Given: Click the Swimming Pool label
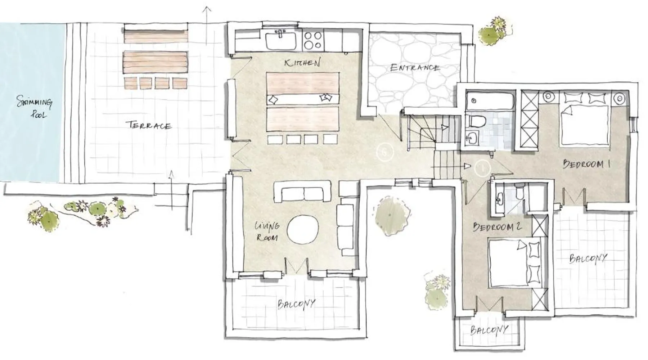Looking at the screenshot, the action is pyautogui.click(x=35, y=107).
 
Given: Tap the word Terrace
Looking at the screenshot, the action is pyautogui.click(x=148, y=125).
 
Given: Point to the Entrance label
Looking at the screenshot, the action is pyautogui.click(x=415, y=68).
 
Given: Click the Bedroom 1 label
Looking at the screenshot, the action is pyautogui.click(x=586, y=164).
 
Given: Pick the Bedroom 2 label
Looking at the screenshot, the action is pyautogui.click(x=497, y=227).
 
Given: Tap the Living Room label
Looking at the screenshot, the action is pyautogui.click(x=267, y=231).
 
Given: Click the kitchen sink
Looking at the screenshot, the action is pyautogui.click(x=281, y=40).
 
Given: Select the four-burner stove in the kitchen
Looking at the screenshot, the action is pyautogui.click(x=312, y=40).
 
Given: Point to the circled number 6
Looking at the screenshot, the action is pyautogui.click(x=384, y=152).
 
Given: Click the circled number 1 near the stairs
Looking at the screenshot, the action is pyautogui.click(x=482, y=168).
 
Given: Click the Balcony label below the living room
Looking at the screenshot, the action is pyautogui.click(x=296, y=304).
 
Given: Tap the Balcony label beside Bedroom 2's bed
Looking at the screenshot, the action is pyautogui.click(x=588, y=258).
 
